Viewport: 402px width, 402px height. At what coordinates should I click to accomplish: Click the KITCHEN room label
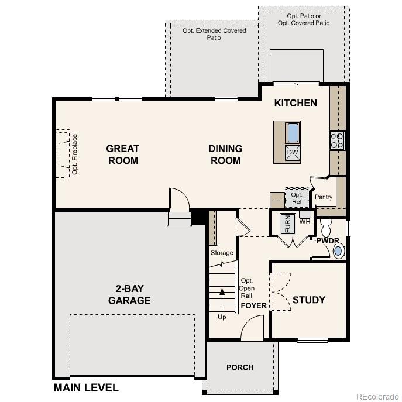[296, 103]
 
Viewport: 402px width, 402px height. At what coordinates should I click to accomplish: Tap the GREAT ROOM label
[123, 154]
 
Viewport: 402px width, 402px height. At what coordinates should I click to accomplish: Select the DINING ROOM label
[225, 154]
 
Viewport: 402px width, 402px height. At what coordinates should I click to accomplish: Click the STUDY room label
[308, 300]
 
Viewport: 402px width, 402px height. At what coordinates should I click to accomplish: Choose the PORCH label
[240, 367]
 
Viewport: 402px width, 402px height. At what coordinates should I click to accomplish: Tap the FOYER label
[254, 305]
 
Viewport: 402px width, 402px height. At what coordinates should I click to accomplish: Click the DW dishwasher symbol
[293, 153]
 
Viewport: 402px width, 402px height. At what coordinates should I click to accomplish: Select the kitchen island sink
[293, 133]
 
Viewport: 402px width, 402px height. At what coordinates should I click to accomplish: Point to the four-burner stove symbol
[338, 140]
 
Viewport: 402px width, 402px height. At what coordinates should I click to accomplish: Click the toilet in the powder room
[327, 226]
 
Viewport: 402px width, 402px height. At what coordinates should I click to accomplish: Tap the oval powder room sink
[338, 251]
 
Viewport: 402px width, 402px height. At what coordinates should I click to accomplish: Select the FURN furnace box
[287, 224]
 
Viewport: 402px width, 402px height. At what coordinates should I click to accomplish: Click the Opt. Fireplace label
[75, 154]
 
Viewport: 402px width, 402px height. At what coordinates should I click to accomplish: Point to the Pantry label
[324, 197]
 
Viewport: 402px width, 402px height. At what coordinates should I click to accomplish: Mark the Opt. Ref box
[296, 198]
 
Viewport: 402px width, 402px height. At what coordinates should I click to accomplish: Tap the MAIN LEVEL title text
[86, 387]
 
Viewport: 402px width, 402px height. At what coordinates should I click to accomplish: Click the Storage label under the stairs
[222, 253]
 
